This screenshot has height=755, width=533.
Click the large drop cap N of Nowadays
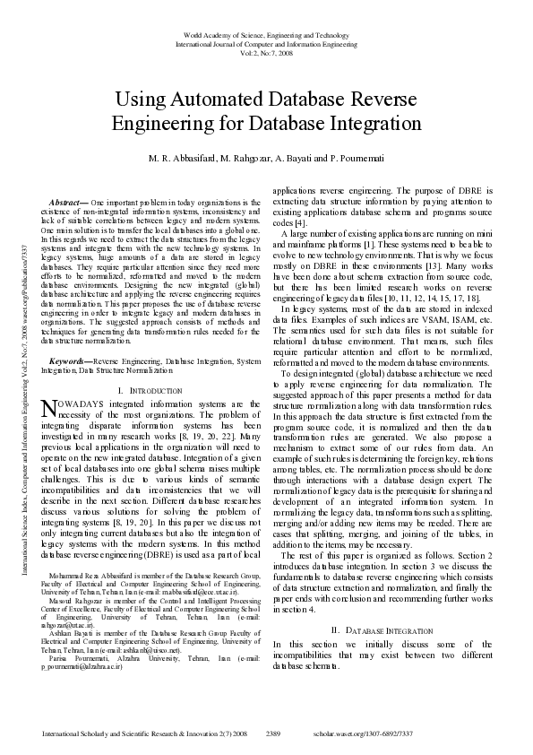click(x=49, y=409)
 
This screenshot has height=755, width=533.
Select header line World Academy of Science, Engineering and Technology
click(x=266, y=34)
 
